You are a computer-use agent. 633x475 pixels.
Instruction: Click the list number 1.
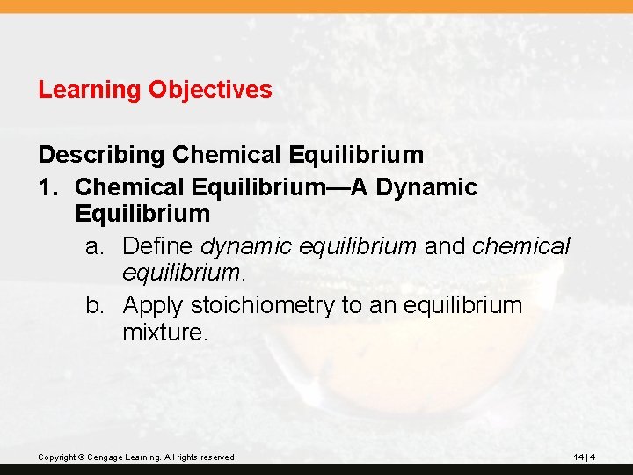pyautogui.click(x=47, y=186)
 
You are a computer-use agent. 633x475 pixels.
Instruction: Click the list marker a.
pyautogui.click(x=95, y=246)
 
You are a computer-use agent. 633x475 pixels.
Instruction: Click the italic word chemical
pyautogui.click(x=521, y=246)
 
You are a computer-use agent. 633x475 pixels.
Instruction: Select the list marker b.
pyautogui.click(x=95, y=305)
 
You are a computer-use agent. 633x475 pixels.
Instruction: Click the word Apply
pyautogui.click(x=154, y=305)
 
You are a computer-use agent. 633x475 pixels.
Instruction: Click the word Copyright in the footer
pyautogui.click(x=55, y=457)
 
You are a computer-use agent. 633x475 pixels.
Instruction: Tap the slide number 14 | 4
pyautogui.click(x=585, y=457)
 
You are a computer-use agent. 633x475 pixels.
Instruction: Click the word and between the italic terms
pyautogui.click(x=445, y=246)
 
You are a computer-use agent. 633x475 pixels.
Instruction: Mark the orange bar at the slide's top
pyautogui.click(x=316, y=6)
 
